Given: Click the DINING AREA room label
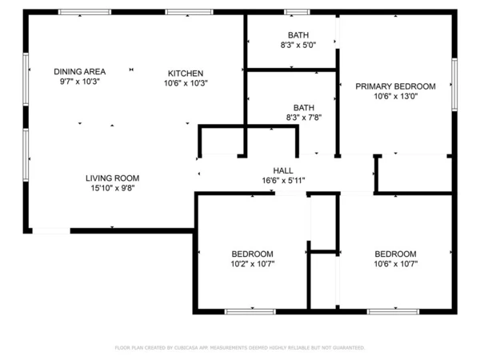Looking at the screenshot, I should coord(79,71).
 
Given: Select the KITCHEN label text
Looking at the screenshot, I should coord(185,73).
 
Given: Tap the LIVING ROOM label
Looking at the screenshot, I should coord(113,178).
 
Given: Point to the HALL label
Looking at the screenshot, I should coord(283,170).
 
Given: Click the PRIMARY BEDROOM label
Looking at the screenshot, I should coord(395,86).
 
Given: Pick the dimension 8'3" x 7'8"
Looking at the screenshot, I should coord(303,118).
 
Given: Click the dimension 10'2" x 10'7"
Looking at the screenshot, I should coord(252,263).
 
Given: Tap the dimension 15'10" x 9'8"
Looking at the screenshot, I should coord(113,189).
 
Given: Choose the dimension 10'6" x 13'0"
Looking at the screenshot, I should coord(395,97).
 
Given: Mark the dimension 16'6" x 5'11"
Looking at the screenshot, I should coord(283,181).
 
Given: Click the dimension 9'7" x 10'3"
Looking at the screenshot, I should coord(79,82).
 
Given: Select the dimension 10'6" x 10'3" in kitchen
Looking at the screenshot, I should coord(185,83).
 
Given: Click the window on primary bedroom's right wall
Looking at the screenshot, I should coord(454,84).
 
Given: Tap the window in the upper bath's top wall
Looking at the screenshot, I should coord(297,12).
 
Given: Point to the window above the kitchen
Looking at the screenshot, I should coord(189,12).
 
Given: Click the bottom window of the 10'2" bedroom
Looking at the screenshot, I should coord(250,311).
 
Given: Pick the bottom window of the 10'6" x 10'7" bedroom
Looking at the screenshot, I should coord(394,311).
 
